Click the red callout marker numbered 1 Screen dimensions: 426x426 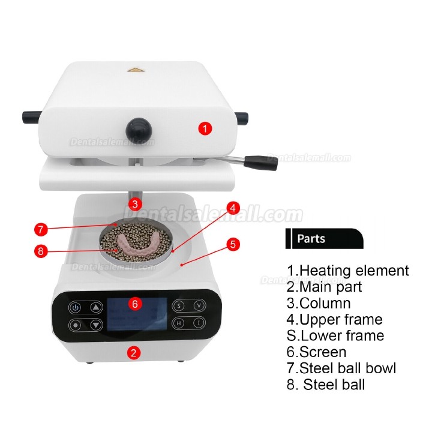point(205,128)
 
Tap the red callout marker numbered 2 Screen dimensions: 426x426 point(133,353)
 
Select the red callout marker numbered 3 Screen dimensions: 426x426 point(135,204)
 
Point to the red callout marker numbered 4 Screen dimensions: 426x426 point(233,208)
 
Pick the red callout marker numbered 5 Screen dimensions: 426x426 point(233,244)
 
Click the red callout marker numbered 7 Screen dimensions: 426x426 point(41,229)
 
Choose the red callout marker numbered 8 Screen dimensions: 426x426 point(41,251)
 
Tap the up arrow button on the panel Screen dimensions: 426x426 point(95,307)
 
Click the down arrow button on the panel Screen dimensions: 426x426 point(95,325)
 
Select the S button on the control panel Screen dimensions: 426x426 point(179,305)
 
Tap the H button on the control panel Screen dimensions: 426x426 point(179,323)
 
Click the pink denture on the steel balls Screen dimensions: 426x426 point(137,242)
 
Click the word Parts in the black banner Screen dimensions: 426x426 point(311,239)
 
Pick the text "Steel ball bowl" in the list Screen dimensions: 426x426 point(347,368)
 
